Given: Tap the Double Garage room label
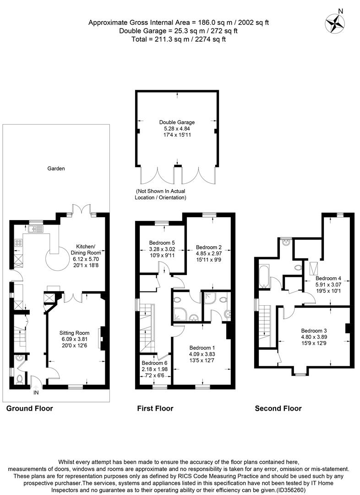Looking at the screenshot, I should (x=177, y=122).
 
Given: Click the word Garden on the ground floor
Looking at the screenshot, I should (x=56, y=169).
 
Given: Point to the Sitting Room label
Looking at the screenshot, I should (x=74, y=333).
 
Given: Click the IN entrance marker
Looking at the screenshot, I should (x=36, y=392).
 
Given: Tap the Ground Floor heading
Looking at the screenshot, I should (x=29, y=408).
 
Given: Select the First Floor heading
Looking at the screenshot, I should (x=155, y=408).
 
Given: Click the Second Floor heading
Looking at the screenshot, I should (x=278, y=408).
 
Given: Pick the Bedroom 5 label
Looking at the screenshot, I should (x=162, y=243).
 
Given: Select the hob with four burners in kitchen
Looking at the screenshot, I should (x=19, y=243).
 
